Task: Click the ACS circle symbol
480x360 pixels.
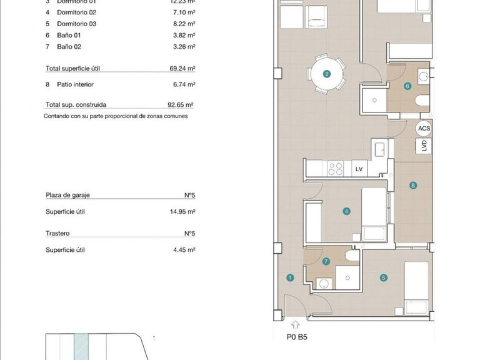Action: (x=424, y=129)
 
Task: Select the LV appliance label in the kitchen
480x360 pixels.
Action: (x=359, y=169)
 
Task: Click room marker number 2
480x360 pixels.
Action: (x=327, y=74)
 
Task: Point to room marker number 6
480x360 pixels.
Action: (x=407, y=86)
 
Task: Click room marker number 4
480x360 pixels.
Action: (x=346, y=211)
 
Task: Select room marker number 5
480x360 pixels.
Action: (x=384, y=278)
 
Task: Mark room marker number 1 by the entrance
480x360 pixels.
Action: (x=290, y=278)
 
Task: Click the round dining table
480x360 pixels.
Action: (x=327, y=74)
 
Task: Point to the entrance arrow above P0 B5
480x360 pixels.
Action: (x=295, y=325)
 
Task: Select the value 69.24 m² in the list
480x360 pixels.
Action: (x=182, y=69)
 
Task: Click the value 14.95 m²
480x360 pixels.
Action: (x=182, y=212)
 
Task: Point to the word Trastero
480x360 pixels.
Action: (x=57, y=234)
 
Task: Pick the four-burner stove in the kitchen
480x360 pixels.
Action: (x=336, y=168)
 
